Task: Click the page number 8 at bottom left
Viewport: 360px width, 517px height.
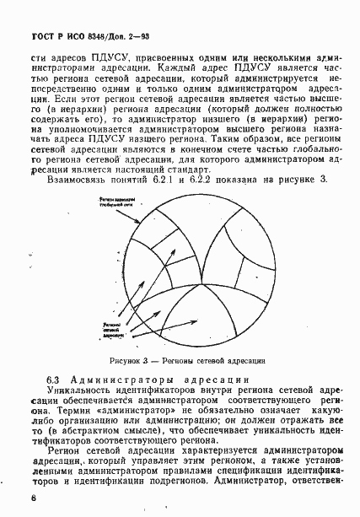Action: point(33,498)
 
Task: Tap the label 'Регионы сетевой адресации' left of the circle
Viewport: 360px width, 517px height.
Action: point(113,328)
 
